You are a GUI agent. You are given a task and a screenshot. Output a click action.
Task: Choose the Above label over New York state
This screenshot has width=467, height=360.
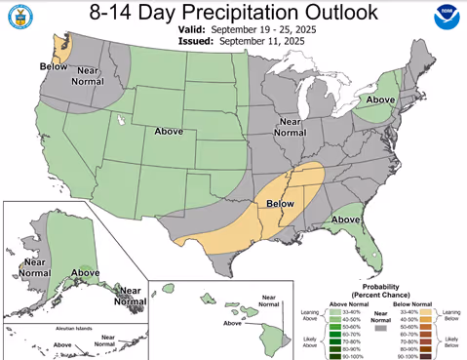coord(381,99)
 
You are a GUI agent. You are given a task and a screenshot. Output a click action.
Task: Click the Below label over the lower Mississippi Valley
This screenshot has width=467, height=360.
coord(280,204)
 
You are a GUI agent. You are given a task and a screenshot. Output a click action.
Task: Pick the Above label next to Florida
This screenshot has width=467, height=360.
coord(347,220)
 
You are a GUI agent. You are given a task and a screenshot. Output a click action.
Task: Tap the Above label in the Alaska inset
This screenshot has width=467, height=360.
coord(85,272)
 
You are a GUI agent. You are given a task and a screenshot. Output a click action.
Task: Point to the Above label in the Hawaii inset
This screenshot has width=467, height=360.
coord(233,323)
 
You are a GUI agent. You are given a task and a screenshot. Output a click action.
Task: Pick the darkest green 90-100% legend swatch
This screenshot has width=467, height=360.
coord(332,354)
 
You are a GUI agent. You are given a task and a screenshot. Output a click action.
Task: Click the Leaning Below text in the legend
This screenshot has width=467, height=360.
coord(451,315)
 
